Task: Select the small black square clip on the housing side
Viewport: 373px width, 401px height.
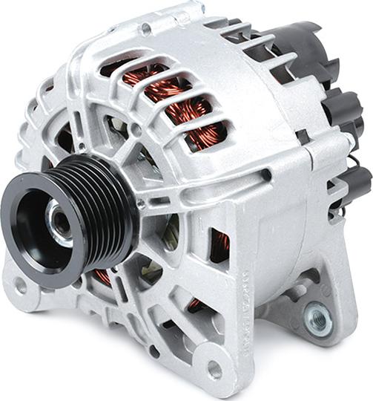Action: (x=303, y=137)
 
